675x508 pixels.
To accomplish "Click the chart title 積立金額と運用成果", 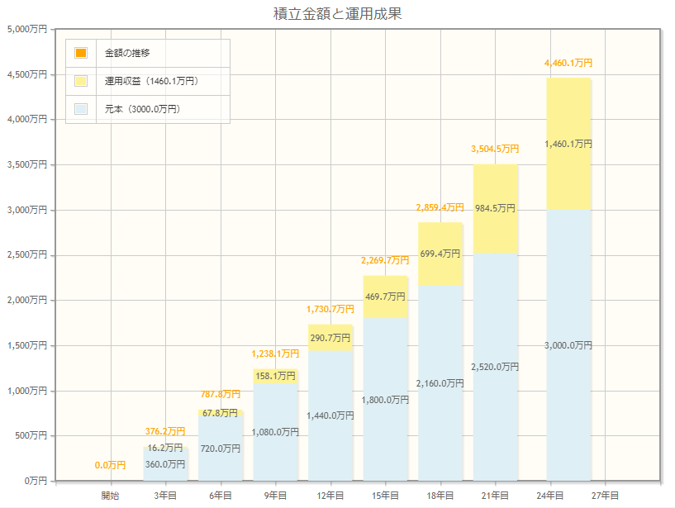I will (337, 13).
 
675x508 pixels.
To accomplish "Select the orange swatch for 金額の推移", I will (80, 53).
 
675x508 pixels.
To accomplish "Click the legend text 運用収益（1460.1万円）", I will (151, 81).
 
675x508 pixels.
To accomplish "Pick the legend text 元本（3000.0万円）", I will (142, 109).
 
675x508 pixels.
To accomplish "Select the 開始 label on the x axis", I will (110, 496).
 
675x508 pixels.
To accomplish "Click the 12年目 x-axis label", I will (330, 496).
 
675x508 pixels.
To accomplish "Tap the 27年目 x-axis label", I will (606, 496).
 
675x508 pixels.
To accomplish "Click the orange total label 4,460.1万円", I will (568, 63).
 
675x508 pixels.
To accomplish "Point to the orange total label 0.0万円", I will (110, 465).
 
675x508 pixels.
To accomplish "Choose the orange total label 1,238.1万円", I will (275, 354).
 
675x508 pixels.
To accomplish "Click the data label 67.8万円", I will (220, 413).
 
